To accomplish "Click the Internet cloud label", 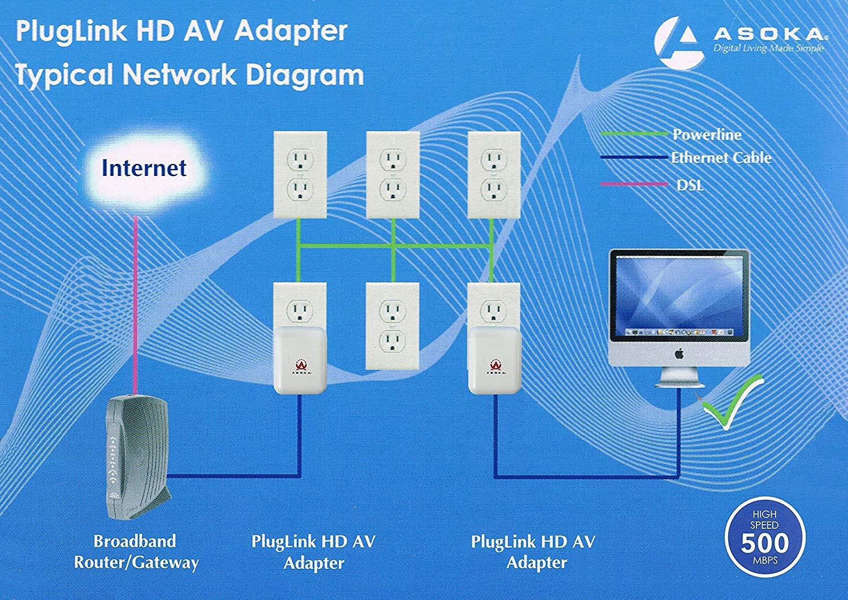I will [144, 168].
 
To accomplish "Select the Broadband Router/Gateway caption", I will [136, 552].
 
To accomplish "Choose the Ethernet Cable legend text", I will [721, 158].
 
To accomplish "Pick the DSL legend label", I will [690, 184].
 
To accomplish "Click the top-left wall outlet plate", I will [300, 174].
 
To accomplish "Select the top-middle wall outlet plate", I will [393, 174].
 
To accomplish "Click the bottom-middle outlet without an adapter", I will [393, 326].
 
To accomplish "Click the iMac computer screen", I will [678, 297].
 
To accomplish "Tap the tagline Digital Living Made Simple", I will [768, 49].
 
